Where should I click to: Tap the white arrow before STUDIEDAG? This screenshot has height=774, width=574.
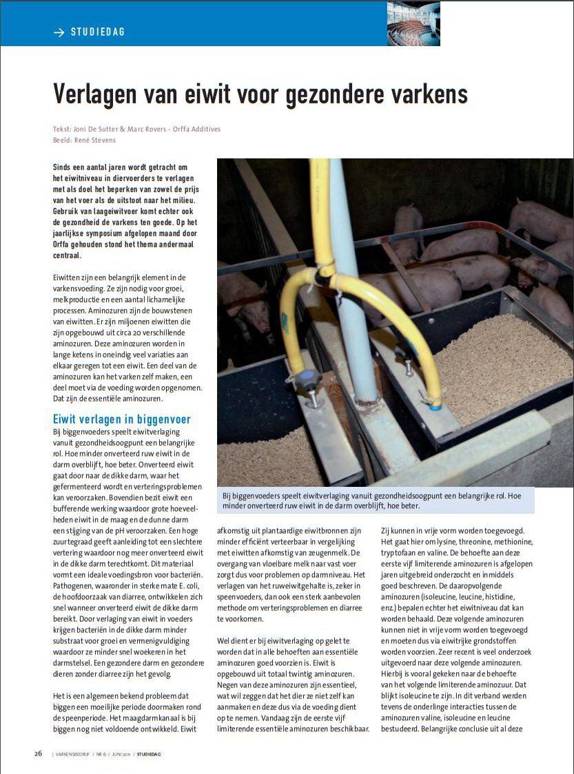[x=59, y=32]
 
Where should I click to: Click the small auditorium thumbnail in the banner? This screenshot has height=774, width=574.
[x=413, y=23]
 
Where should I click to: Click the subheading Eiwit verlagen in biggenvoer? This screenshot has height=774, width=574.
[x=122, y=419]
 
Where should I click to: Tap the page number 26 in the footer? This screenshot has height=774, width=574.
[x=39, y=753]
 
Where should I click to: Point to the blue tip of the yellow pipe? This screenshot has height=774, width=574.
[x=435, y=406]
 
